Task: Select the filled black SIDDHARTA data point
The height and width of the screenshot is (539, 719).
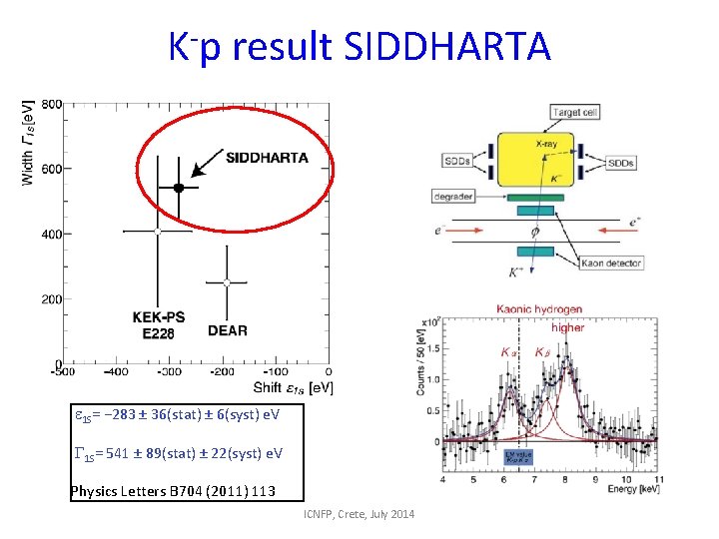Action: [178, 188]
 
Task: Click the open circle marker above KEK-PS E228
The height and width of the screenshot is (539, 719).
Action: [158, 232]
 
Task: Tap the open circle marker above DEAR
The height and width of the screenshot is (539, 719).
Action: [228, 282]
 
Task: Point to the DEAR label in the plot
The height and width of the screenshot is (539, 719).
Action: [228, 330]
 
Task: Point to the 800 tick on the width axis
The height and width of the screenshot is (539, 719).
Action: [52, 104]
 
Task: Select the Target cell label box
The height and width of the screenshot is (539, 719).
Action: [574, 113]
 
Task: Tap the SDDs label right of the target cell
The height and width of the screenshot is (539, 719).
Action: [619, 163]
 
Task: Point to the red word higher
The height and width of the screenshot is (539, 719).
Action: [567, 327]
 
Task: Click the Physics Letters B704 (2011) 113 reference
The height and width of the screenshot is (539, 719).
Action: [172, 491]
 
